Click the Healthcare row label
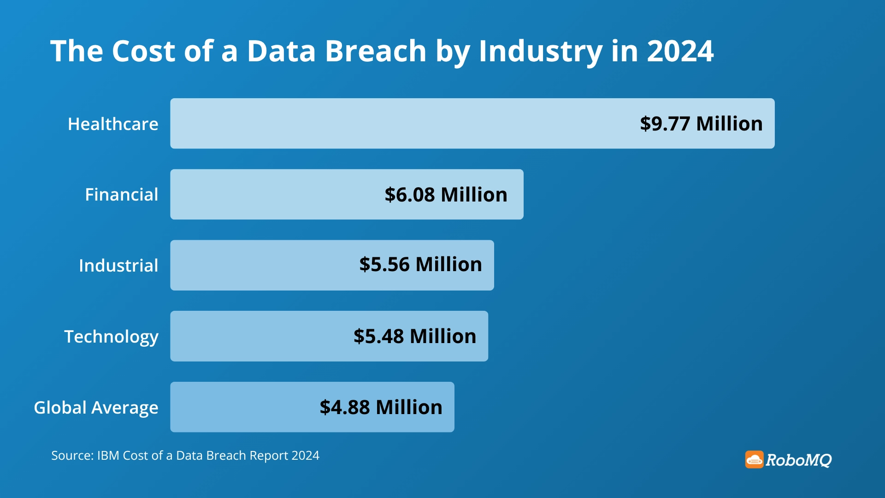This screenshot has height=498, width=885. tap(113, 124)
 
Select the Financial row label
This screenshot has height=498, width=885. tap(121, 195)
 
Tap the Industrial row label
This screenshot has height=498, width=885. tap(118, 266)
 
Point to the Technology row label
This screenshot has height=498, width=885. tap(111, 337)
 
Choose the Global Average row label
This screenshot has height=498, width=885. tap(96, 408)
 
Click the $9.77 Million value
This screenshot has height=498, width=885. tap(701, 124)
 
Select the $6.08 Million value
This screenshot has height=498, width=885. tap(446, 195)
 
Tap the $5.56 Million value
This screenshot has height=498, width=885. tap(420, 265)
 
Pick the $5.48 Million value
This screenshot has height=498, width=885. tap(414, 336)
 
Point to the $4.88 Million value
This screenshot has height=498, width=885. tap(381, 407)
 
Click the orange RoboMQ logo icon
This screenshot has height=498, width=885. tap(754, 459)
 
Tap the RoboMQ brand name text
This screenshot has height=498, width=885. tap(798, 460)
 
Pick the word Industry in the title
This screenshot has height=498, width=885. tap(540, 52)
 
